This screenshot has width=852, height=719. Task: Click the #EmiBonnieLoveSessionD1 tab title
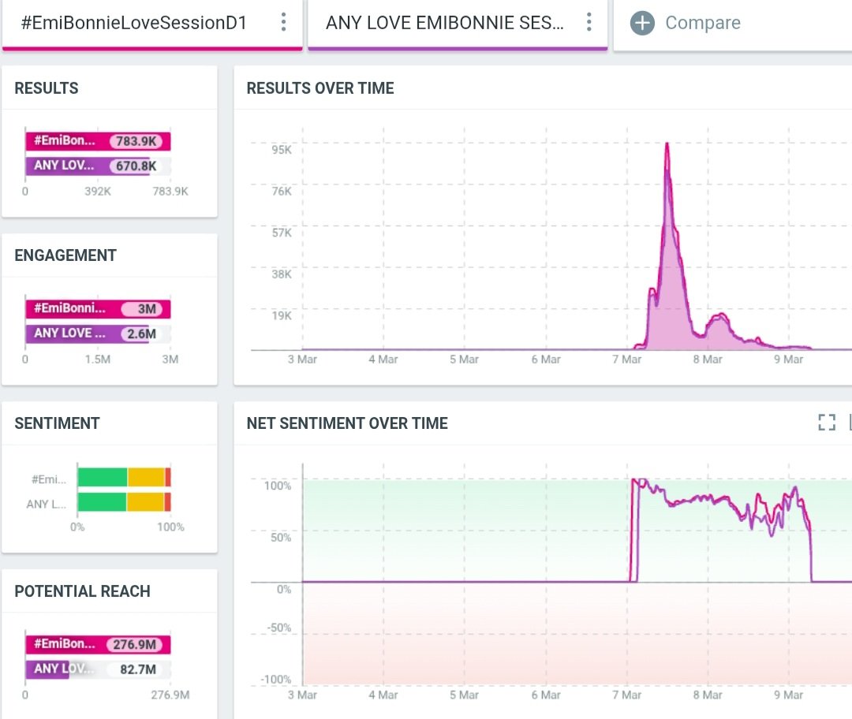coord(133,23)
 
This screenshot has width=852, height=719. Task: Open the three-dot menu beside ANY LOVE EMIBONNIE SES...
coord(589,22)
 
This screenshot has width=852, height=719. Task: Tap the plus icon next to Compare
coord(642,23)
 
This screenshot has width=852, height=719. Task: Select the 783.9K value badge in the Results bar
coord(136,141)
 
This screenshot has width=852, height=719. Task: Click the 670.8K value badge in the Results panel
coord(136,166)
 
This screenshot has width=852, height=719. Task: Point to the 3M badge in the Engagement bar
coord(147,309)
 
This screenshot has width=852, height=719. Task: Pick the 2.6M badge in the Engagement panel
coord(141,333)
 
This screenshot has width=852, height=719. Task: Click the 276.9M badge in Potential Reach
coord(134,645)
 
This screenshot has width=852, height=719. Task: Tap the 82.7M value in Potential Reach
coord(138,669)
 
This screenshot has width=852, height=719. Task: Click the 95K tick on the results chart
coord(282,150)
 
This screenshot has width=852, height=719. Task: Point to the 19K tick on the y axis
coord(282,315)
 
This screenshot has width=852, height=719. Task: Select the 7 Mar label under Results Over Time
coord(626,359)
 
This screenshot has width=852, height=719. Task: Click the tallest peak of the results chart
coord(667,143)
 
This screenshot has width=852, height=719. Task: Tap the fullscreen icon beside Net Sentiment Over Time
coord(827,422)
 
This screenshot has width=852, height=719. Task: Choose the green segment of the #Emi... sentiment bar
coord(102,477)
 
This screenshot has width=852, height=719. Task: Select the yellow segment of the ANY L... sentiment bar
coord(145,501)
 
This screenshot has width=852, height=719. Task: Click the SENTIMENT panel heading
coord(57,423)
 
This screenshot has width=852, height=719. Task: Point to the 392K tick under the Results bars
coord(98,191)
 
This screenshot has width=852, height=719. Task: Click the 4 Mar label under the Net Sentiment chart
coord(383,695)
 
